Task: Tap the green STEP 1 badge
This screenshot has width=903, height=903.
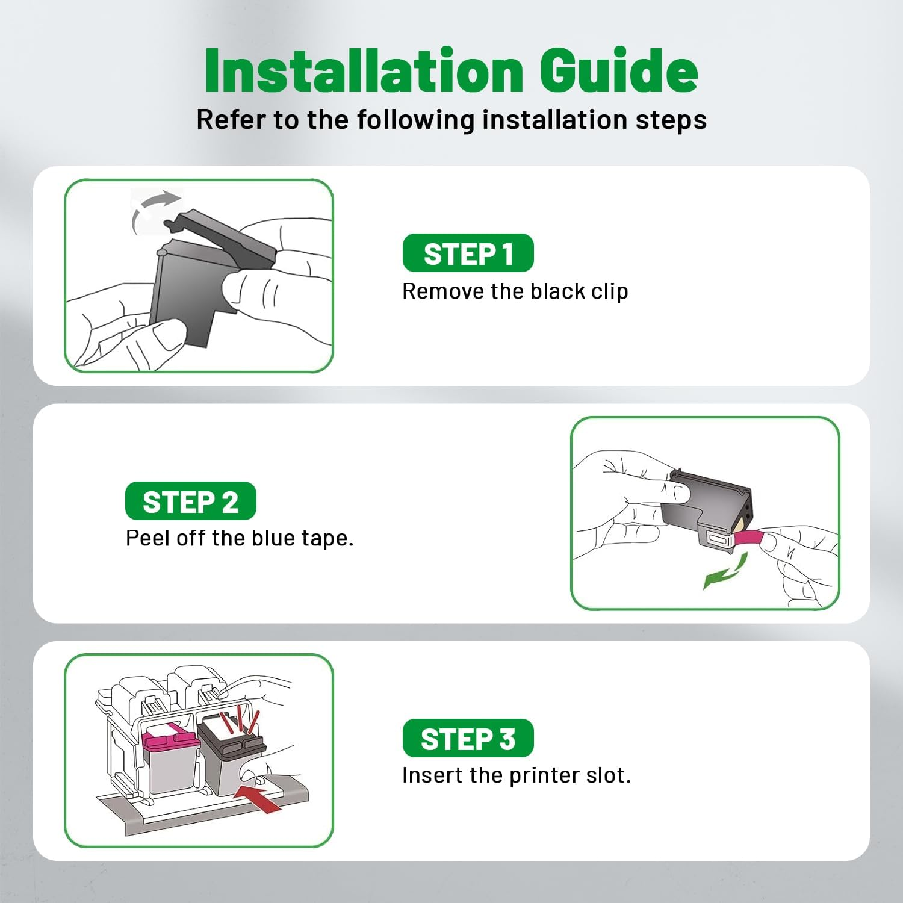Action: tap(468, 253)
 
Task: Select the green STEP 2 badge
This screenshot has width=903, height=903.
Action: tap(190, 501)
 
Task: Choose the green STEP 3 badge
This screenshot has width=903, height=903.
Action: tap(468, 738)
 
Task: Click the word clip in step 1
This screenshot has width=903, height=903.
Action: tap(609, 291)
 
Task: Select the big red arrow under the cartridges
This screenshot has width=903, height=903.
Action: tap(258, 795)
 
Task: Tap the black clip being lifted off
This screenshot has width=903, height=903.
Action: tap(220, 235)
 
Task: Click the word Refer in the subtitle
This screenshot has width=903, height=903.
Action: tap(231, 120)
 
